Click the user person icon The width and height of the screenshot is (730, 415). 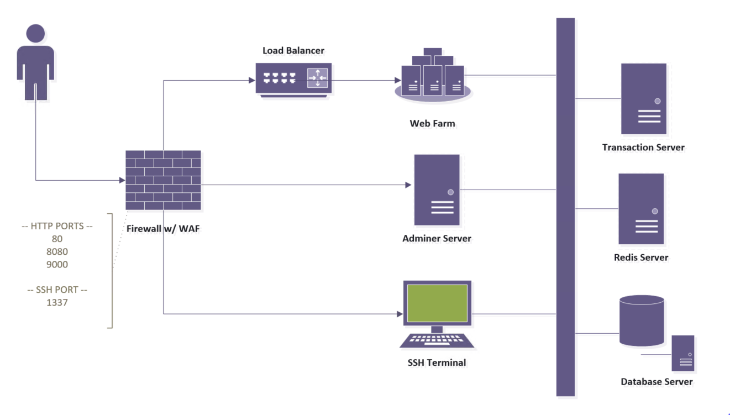[35, 62]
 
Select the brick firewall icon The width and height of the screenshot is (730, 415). [163, 180]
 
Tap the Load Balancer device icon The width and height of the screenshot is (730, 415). [293, 80]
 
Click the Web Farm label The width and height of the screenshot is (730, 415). [432, 123]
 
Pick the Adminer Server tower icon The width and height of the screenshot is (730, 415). [437, 190]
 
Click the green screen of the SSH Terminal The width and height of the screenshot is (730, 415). [437, 303]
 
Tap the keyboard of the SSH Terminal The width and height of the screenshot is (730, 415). [437, 340]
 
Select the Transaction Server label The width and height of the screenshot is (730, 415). [643, 148]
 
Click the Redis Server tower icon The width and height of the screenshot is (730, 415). [641, 209]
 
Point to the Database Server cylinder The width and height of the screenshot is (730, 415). [642, 321]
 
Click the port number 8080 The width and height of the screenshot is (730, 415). [57, 252]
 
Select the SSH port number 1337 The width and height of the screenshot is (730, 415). [57, 303]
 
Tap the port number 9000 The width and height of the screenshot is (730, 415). [57, 265]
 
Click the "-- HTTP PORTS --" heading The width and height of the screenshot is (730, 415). [57, 226]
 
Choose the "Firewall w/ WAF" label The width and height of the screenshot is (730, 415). [163, 228]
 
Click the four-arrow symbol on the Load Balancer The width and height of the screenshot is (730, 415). [318, 78]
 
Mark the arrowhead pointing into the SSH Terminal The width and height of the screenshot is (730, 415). [400, 314]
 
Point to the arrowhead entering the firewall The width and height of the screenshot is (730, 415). [122, 180]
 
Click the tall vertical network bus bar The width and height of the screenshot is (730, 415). [565, 207]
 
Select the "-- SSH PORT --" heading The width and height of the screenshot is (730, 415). [57, 290]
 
